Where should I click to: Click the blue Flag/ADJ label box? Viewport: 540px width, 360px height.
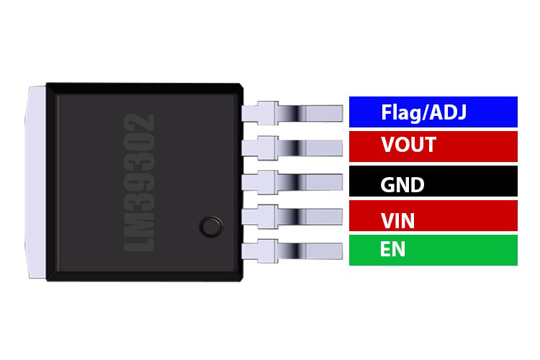click(433, 112)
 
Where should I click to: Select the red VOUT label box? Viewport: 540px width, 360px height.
click(433, 145)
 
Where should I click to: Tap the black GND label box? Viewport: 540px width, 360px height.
click(433, 182)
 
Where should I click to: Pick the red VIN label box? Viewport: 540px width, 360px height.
click(433, 216)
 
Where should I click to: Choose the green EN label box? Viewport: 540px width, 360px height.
click(433, 250)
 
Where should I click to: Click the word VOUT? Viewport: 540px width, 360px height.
click(408, 145)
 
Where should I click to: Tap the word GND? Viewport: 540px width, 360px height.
click(402, 184)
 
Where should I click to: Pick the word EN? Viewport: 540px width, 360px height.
click(392, 250)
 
